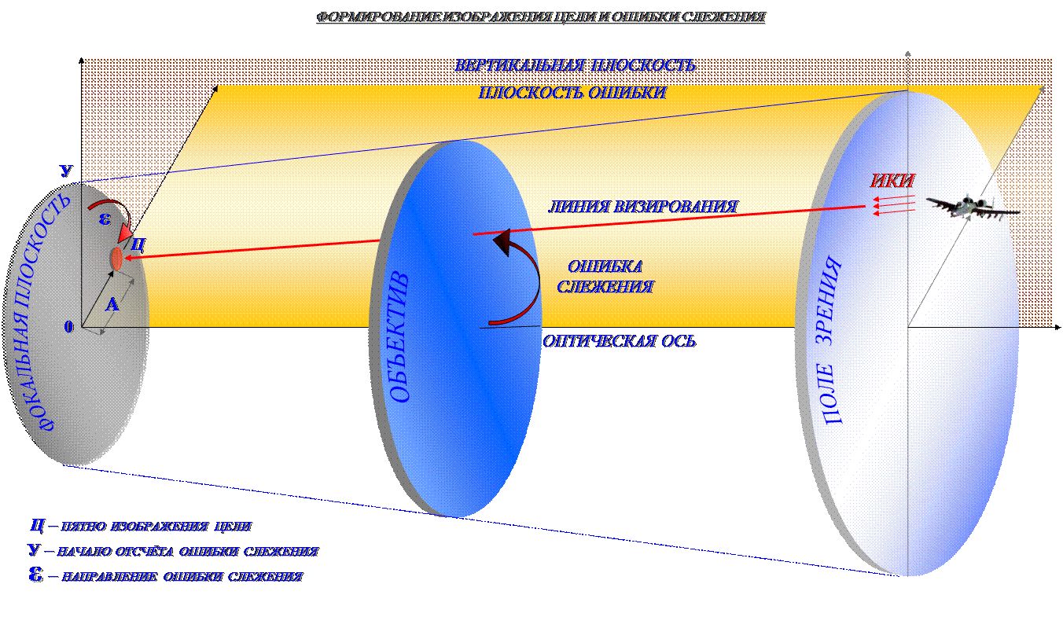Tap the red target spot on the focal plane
116,258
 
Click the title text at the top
541,17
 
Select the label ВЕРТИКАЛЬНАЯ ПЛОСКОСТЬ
576,65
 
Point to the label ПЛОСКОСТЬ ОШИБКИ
572,92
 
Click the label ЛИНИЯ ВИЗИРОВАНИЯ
642,207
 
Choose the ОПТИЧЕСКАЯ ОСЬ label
620,342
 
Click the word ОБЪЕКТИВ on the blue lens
401,338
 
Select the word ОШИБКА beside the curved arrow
605,266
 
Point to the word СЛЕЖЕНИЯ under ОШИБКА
605,287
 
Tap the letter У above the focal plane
67,171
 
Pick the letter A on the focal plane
112,305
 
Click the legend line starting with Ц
142,526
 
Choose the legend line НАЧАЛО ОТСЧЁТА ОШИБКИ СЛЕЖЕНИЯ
173,552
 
